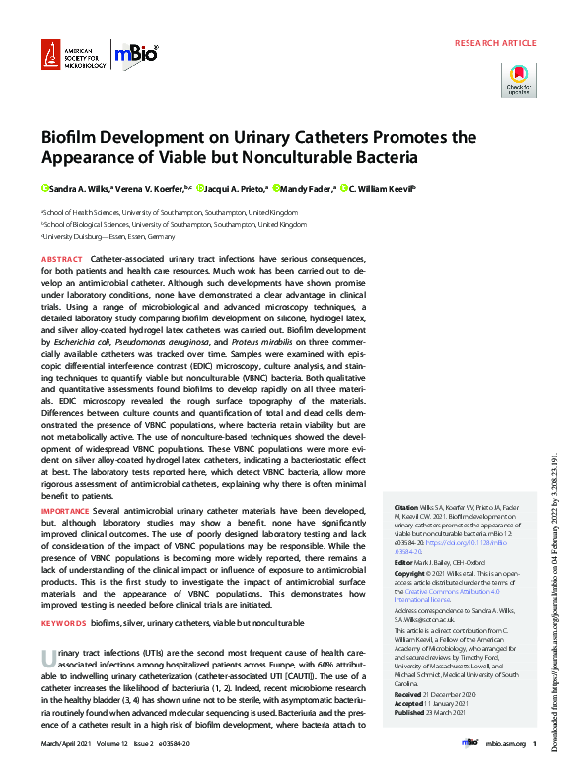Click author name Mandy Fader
[x=309, y=187]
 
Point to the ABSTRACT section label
[x=62, y=258]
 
